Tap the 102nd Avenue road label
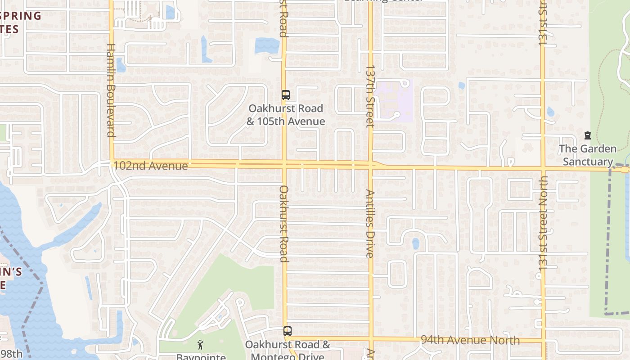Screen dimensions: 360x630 [x=150, y=166]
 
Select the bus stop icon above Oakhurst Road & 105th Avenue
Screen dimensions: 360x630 [x=286, y=95]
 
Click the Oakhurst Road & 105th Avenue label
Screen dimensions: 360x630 [x=286, y=115]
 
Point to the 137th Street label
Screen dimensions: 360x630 [x=370, y=97]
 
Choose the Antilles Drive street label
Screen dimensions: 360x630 [x=370, y=223]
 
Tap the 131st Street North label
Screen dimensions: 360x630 [x=543, y=223]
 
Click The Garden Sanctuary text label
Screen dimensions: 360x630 [x=588, y=155]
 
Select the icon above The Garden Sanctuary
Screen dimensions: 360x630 [x=587, y=135]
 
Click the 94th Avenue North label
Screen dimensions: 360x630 [x=470, y=340]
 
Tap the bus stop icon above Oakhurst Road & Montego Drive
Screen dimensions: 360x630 [x=288, y=331]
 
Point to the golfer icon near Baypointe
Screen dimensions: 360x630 [x=200, y=345]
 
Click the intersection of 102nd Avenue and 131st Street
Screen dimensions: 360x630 [x=543, y=169]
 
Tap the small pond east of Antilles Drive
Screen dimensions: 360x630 [x=416, y=243]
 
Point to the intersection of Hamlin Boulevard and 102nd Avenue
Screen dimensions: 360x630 [x=112, y=164]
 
